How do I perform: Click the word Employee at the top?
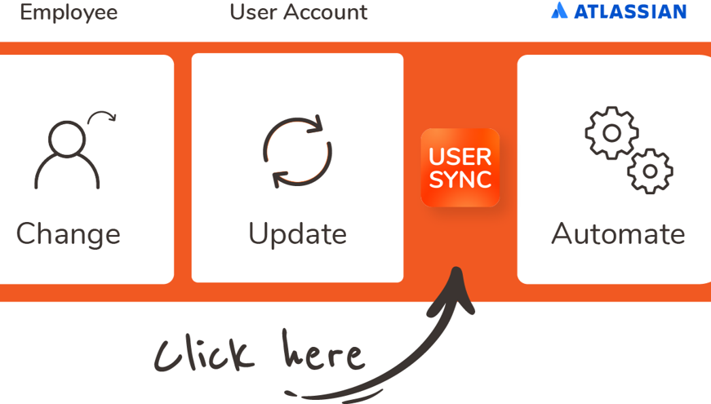click(69, 12)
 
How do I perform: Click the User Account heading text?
click(298, 12)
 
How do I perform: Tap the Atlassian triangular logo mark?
click(558, 11)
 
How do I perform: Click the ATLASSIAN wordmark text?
click(629, 11)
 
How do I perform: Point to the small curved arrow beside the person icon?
click(103, 118)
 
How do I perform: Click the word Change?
click(69, 234)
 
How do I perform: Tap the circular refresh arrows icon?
click(297, 153)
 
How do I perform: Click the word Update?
click(297, 234)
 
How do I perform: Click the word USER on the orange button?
click(460, 156)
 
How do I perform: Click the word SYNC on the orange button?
click(460, 180)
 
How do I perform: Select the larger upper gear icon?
click(611, 132)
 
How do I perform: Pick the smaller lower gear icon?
click(650, 171)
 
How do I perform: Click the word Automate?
click(618, 234)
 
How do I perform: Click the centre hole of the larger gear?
click(611, 132)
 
